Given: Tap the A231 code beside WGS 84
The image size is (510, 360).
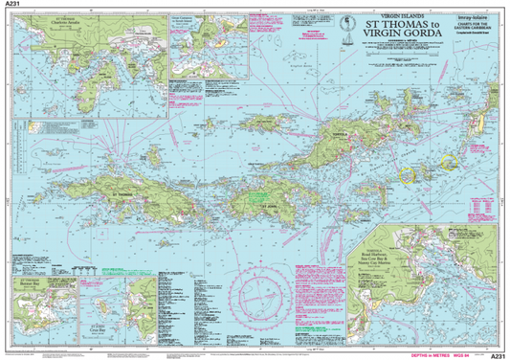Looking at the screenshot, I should point(497,354).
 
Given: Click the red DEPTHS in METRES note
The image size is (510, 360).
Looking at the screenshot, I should point(432,354).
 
